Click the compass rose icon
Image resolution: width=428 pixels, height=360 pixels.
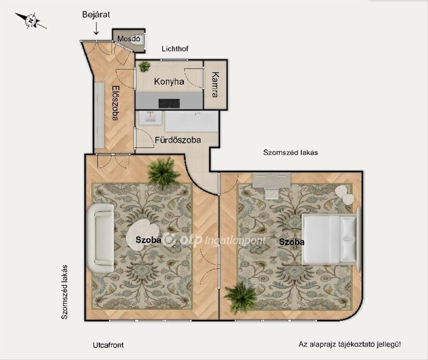coord(31,21)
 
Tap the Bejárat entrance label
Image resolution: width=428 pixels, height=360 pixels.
coord(96,14)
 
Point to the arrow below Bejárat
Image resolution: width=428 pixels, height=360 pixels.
coord(96,29)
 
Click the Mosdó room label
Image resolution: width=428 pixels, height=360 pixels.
coord(129,39)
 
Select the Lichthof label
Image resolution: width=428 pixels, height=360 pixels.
coord(175,49)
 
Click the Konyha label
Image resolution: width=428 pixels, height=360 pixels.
coord(169,82)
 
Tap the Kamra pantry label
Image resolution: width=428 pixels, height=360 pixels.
coord(215,85)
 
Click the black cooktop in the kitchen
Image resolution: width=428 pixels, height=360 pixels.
coord(169,103)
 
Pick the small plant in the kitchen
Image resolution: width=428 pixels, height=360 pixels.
coord(144,66)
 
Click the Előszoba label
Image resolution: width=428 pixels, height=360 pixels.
coord(115,103)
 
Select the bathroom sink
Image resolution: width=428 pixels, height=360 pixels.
coord(150,118)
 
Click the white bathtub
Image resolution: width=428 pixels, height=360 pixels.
coord(192,121)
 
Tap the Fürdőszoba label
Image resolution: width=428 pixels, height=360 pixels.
coord(178,140)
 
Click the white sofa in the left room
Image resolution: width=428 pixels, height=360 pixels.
coord(101,238)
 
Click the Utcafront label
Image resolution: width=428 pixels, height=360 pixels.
coord(108,345)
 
